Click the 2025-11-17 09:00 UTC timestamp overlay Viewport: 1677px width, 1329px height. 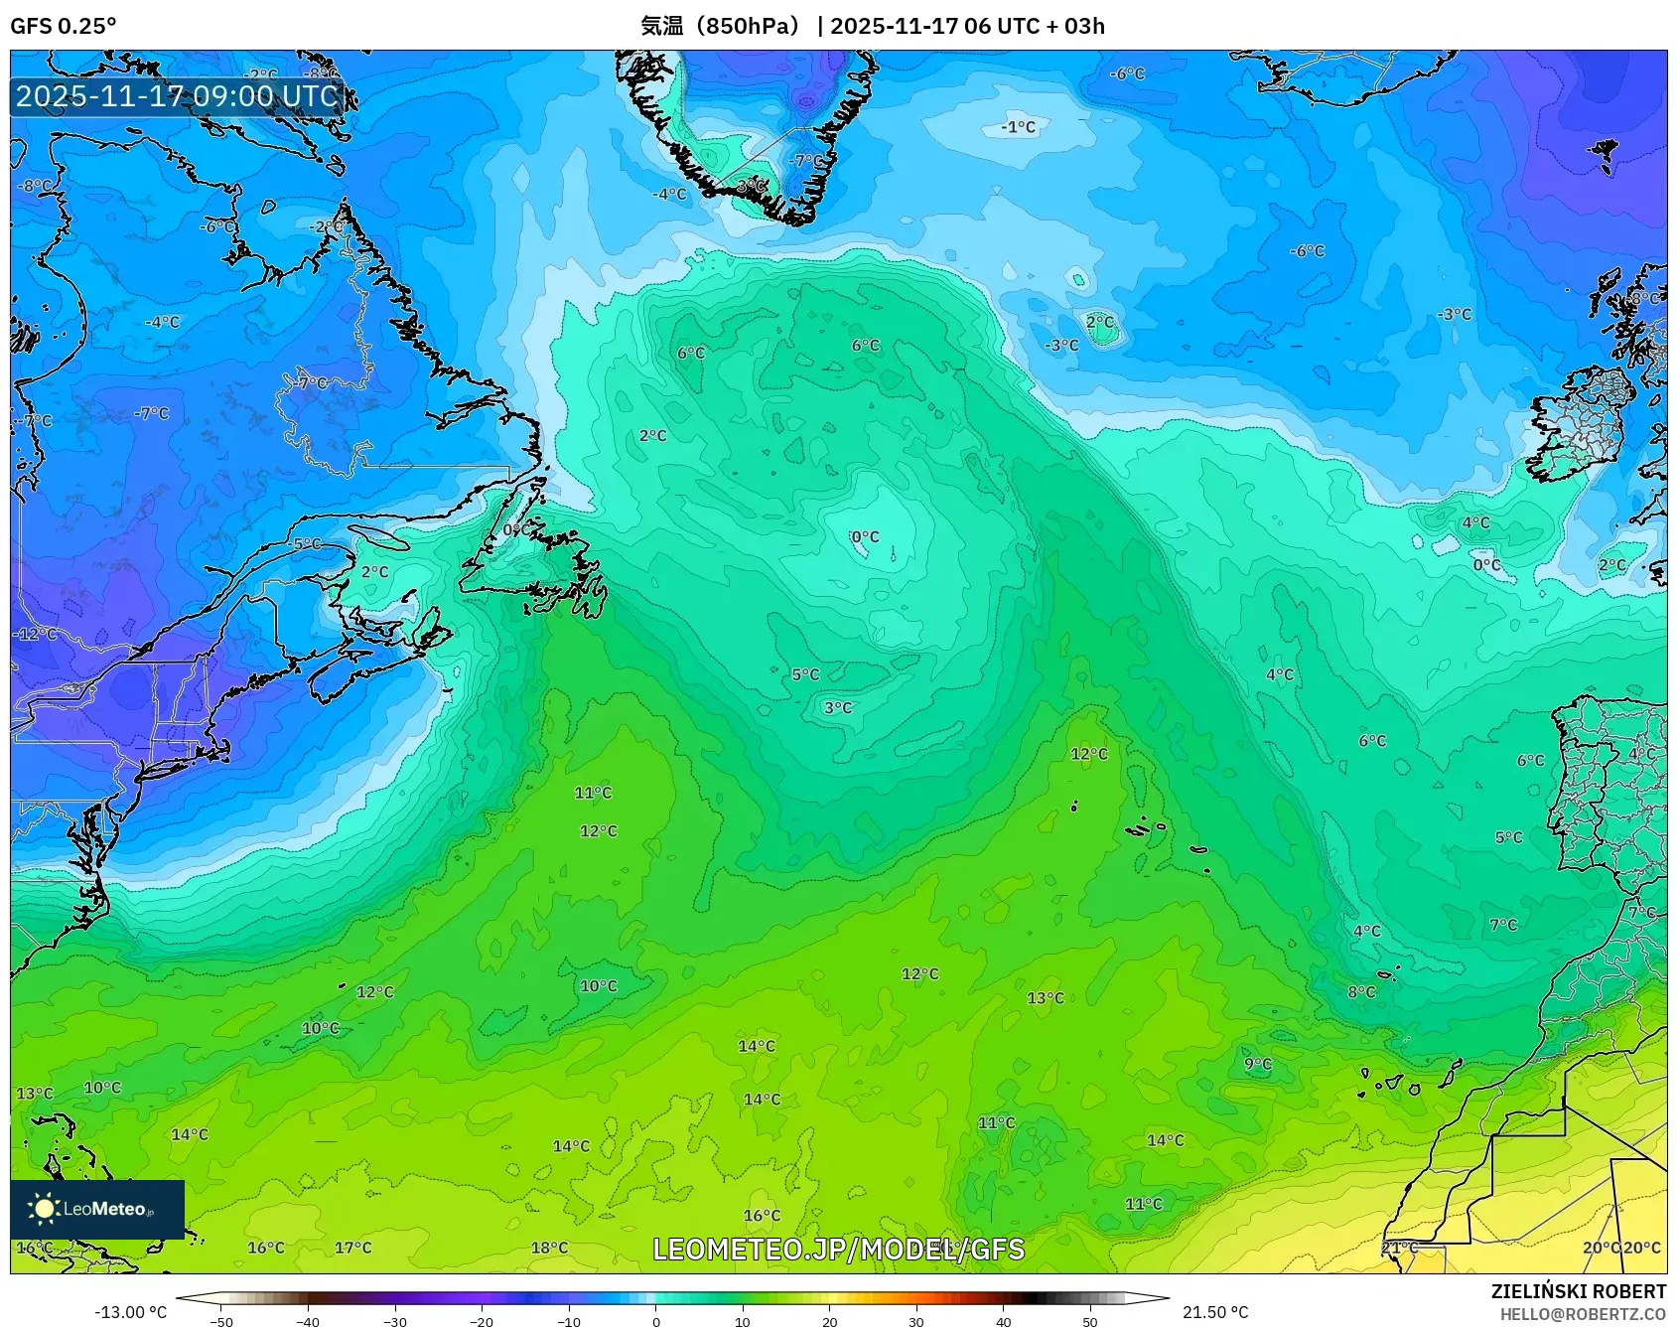[x=177, y=96]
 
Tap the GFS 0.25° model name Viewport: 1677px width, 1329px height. [x=63, y=26]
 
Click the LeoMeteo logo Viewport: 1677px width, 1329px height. [x=97, y=1209]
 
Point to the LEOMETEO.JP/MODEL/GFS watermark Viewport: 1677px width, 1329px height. [x=838, y=1250]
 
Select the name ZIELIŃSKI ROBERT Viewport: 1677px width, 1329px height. [x=1578, y=1291]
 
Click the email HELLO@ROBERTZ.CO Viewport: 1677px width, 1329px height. [x=1583, y=1314]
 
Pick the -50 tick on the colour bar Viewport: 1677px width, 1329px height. [x=221, y=1322]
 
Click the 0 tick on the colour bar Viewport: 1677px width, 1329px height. [x=656, y=1322]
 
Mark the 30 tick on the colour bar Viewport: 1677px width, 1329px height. [x=916, y=1322]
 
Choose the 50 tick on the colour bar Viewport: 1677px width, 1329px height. [x=1090, y=1322]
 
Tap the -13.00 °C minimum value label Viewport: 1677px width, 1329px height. [x=130, y=1312]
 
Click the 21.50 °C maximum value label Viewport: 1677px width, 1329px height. [x=1215, y=1312]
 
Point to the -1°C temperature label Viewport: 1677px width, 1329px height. [x=1018, y=127]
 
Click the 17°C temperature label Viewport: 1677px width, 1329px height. [x=352, y=1248]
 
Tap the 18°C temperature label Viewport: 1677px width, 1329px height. [x=549, y=1248]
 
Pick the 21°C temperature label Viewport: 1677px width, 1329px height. [x=1399, y=1248]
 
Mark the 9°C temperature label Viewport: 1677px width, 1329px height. [x=1258, y=1064]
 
